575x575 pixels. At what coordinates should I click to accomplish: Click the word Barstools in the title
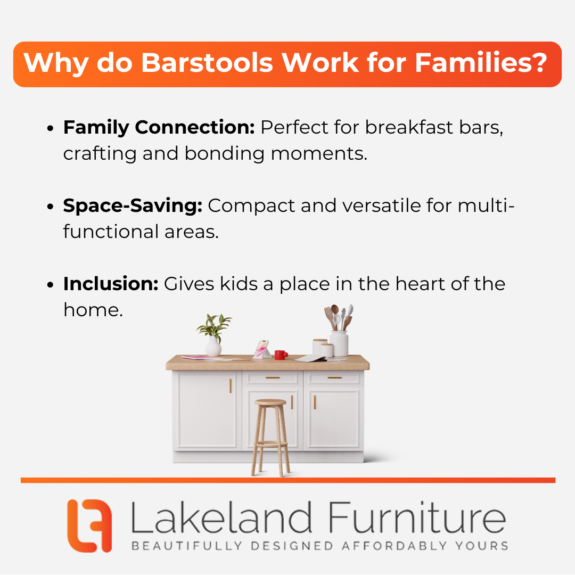point(207,63)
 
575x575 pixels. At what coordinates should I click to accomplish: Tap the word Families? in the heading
point(481,62)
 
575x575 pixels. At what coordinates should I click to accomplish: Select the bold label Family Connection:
point(159,127)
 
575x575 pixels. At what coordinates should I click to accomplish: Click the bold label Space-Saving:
point(133,206)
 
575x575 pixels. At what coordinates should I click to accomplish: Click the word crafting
point(100,153)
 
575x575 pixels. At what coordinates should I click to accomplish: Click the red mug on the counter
point(281,355)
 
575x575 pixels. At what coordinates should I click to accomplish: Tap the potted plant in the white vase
point(214,334)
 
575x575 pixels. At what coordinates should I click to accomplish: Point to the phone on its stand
point(262,349)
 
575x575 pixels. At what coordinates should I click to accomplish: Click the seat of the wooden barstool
point(270,402)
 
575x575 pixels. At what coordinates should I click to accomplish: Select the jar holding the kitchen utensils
point(339,343)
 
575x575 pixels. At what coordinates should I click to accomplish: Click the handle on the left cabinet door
point(231,386)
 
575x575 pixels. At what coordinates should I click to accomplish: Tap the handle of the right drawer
point(334,377)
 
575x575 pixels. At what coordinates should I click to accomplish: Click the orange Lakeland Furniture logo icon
point(89,525)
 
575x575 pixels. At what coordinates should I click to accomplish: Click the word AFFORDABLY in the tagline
point(394,546)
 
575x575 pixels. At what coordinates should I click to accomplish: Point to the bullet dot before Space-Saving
point(50,207)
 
